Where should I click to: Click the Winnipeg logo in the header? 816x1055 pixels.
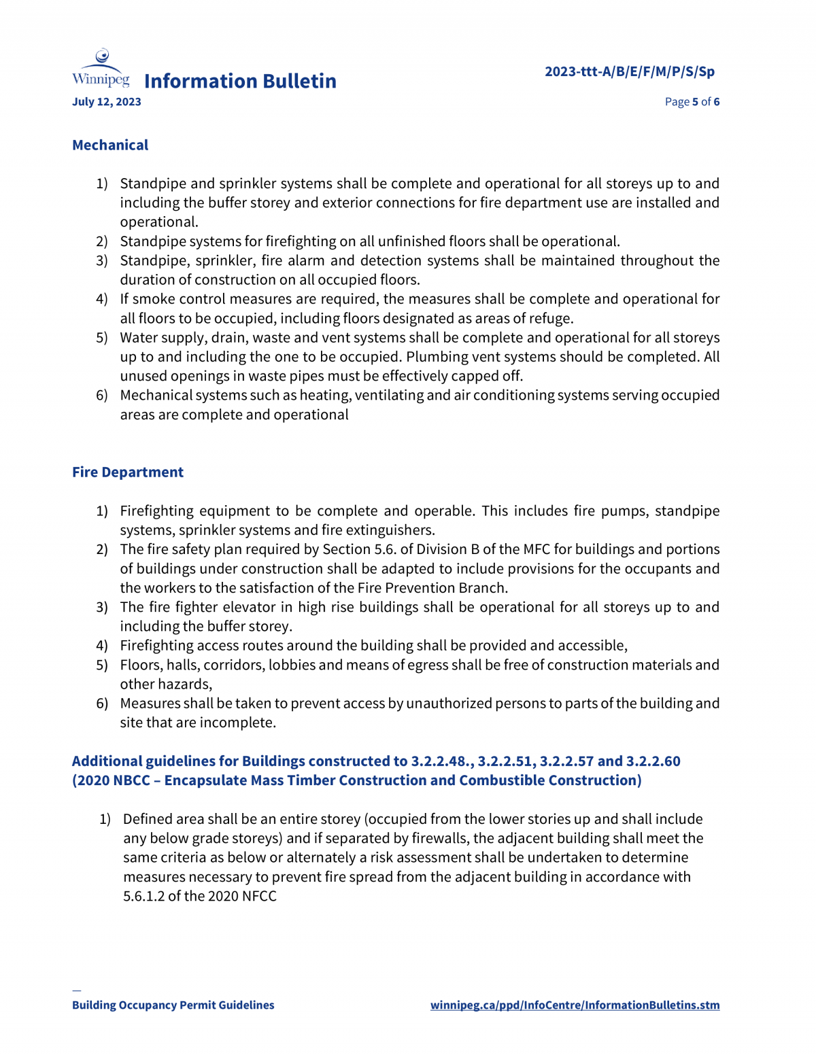point(101,69)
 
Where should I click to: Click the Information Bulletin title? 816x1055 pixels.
point(240,81)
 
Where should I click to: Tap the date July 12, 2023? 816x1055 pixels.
point(107,102)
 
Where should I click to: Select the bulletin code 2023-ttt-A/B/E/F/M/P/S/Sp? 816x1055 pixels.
point(630,71)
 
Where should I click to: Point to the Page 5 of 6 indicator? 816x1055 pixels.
point(692,102)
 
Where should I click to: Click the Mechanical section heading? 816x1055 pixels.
point(110,145)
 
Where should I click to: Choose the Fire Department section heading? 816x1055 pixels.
point(128,472)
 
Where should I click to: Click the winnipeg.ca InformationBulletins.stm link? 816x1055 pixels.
point(575,1005)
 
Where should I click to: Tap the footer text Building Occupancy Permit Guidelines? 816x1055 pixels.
point(173,1005)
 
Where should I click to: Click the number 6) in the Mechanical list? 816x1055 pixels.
point(102,395)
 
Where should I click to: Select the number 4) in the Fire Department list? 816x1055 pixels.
point(102,645)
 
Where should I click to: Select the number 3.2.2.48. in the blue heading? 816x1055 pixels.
point(442,761)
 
